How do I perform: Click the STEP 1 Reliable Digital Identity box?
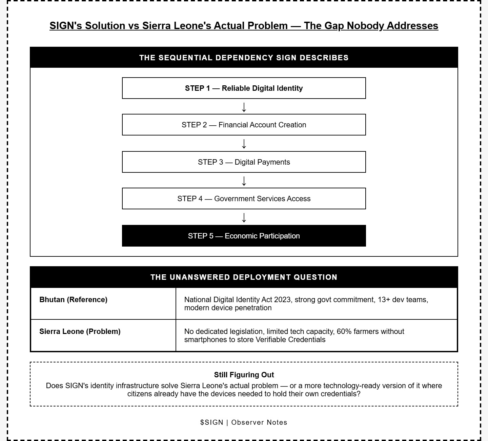pyautogui.click(x=244, y=88)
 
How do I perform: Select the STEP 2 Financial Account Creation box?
pyautogui.click(x=244, y=125)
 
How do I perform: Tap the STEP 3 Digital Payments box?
pyautogui.click(x=244, y=162)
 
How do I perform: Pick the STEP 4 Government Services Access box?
pyautogui.click(x=244, y=198)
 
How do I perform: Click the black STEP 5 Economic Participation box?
pyautogui.click(x=244, y=236)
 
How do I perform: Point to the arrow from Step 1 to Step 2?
pyautogui.click(x=244, y=107)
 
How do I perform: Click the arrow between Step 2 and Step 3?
pyautogui.click(x=244, y=144)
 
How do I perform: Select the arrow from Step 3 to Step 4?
pyautogui.click(x=244, y=181)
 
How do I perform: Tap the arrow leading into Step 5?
pyautogui.click(x=244, y=217)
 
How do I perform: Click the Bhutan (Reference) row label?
pyautogui.click(x=73, y=299)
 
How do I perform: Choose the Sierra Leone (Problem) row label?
pyautogui.click(x=80, y=331)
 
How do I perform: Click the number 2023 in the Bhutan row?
pyautogui.click(x=282, y=299)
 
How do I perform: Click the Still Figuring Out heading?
pyautogui.click(x=244, y=375)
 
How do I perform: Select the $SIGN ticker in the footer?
pyautogui.click(x=212, y=422)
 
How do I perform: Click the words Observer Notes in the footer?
pyautogui.click(x=259, y=422)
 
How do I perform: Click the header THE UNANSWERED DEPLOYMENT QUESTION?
pyautogui.click(x=244, y=277)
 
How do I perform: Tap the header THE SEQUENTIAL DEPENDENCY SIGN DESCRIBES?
pyautogui.click(x=244, y=58)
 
